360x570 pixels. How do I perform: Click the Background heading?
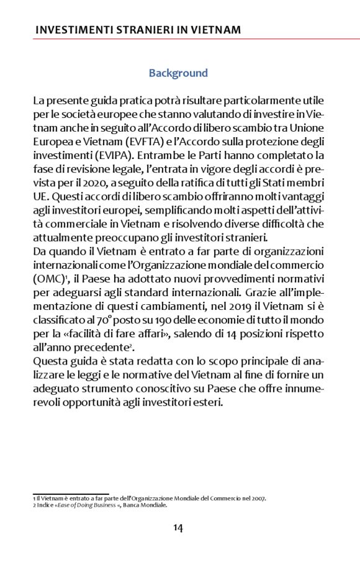(x=178, y=73)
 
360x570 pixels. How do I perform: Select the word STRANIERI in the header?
(x=140, y=30)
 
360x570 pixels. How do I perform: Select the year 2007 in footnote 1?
(x=258, y=498)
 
